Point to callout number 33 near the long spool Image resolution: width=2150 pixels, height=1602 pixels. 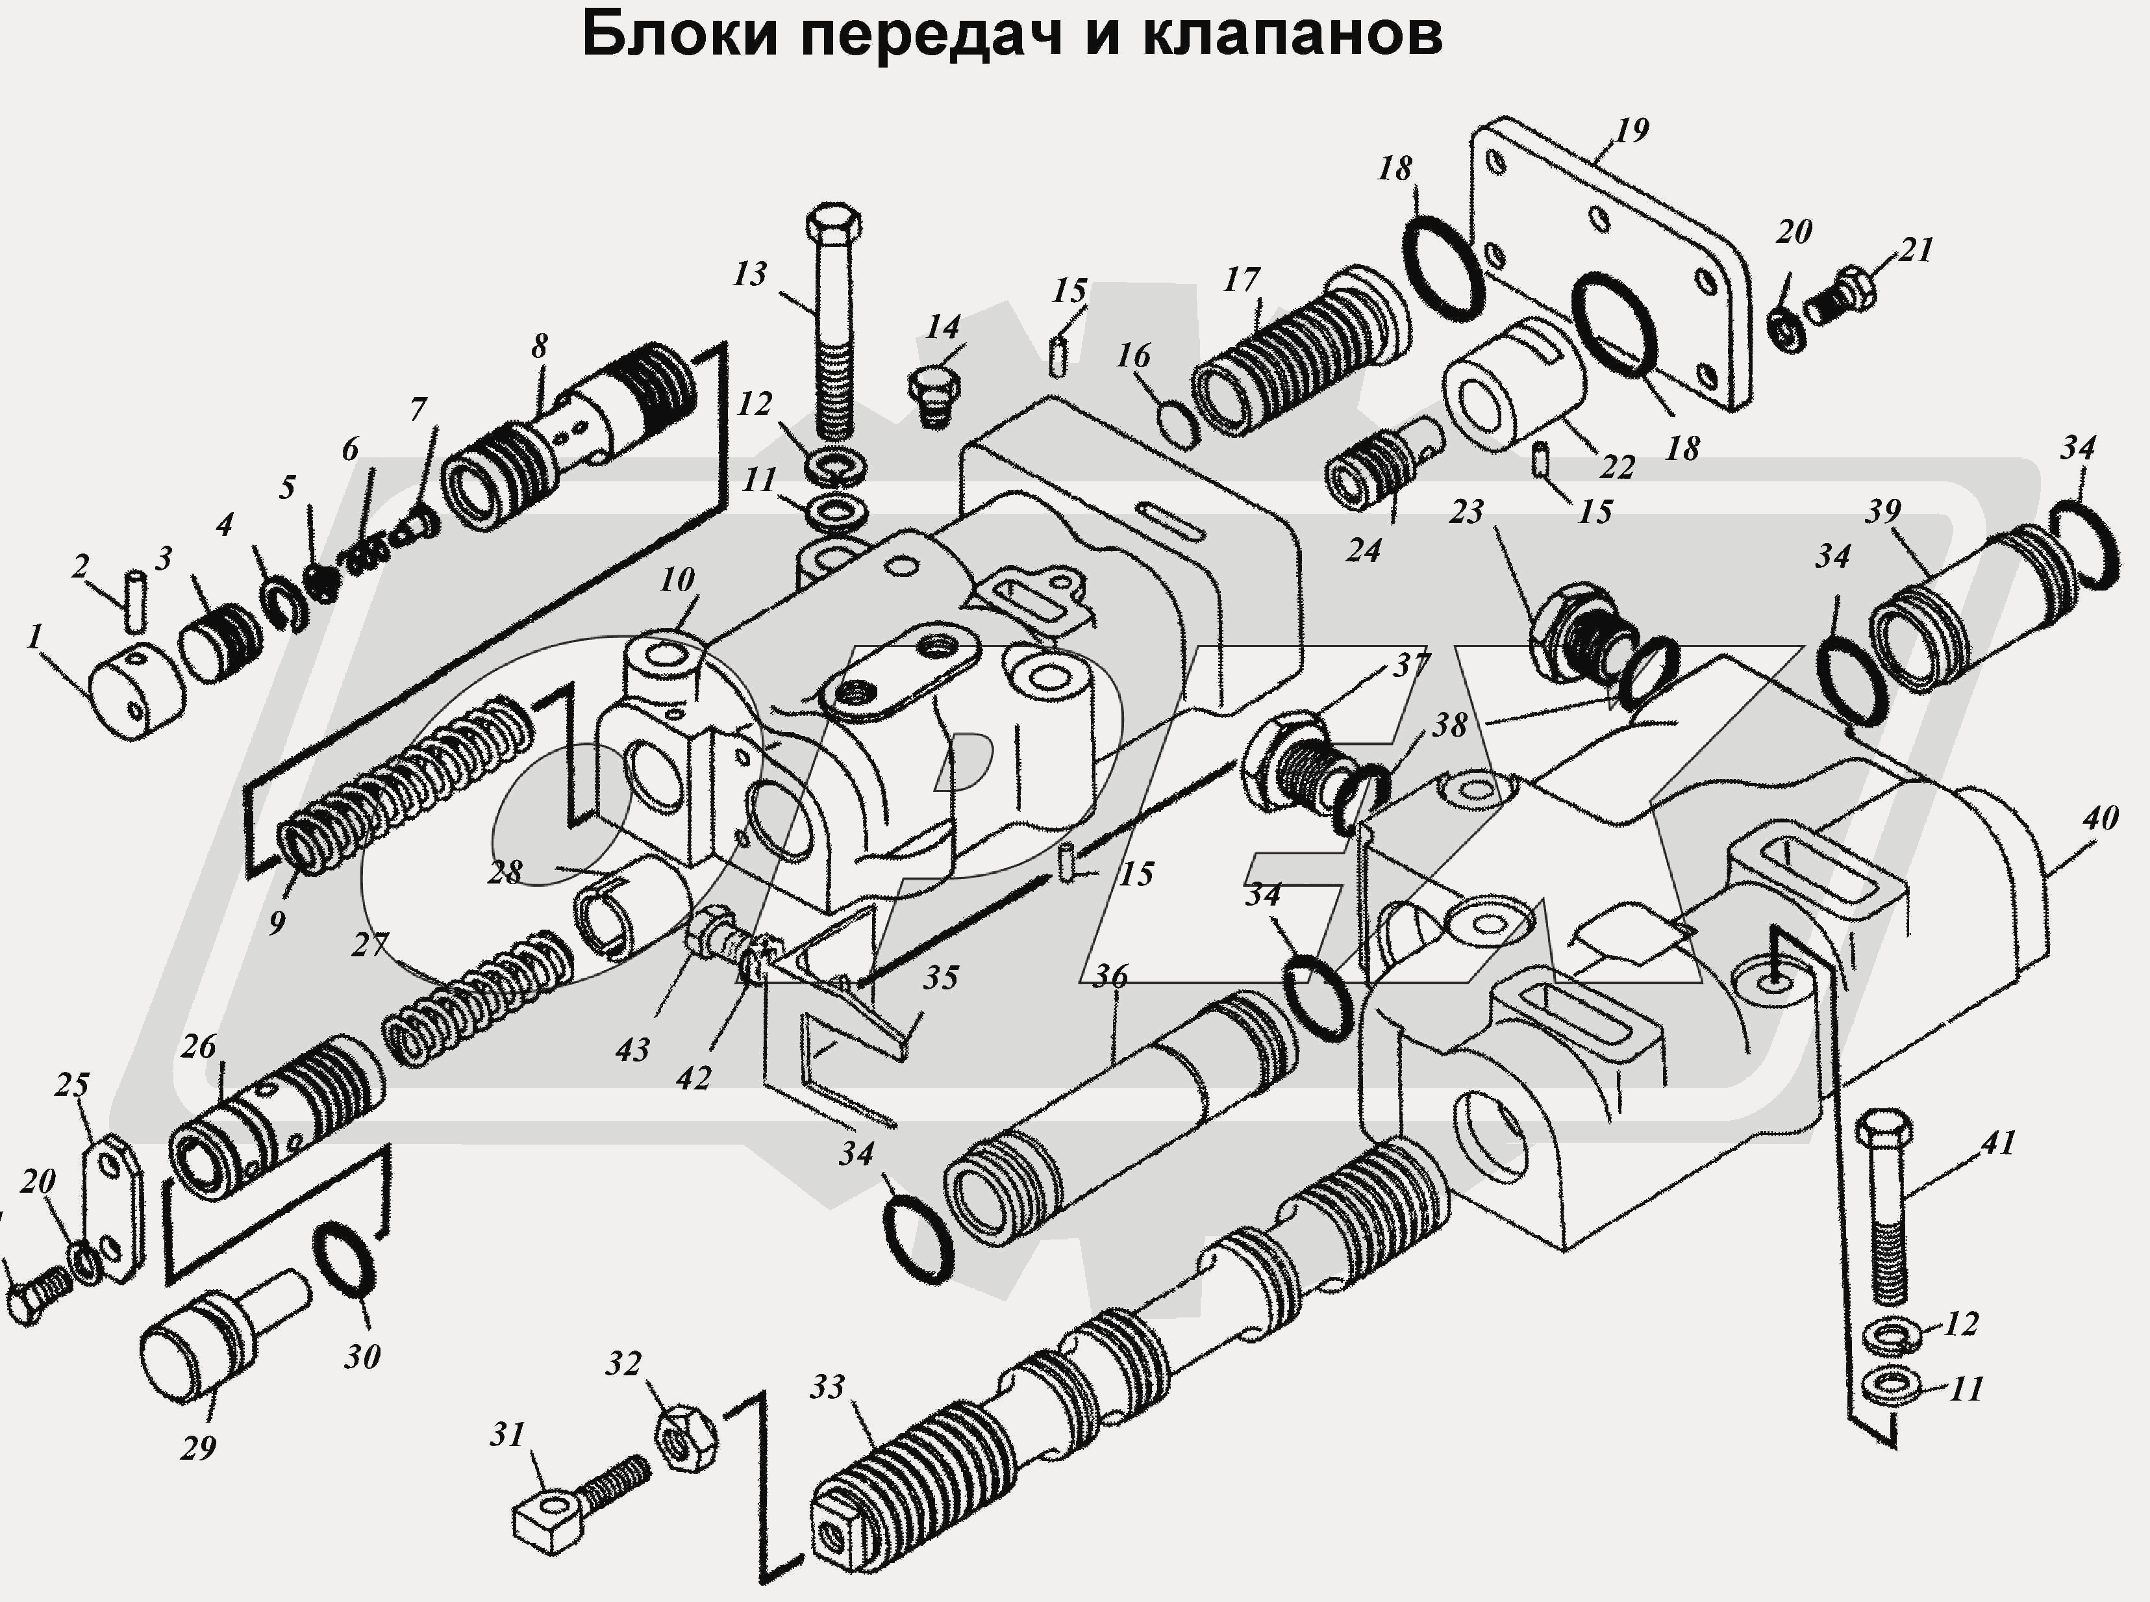[x=827, y=1387]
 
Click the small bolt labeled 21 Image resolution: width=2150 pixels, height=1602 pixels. [x=1840, y=298]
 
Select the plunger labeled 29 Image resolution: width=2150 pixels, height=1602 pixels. [x=208, y=1339]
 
